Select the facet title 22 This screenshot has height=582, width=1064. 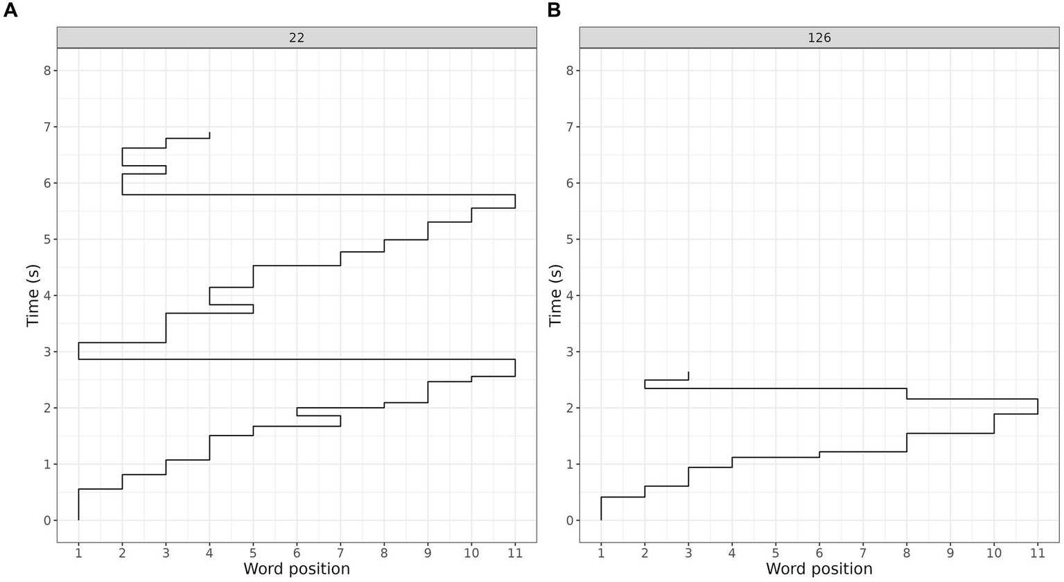(x=297, y=38)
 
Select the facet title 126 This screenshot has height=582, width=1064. (x=819, y=38)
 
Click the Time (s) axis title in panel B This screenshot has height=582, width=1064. (x=555, y=295)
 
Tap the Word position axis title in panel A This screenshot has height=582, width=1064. (x=297, y=570)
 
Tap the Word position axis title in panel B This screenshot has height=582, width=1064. (x=819, y=570)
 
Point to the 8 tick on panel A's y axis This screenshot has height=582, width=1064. (x=46, y=71)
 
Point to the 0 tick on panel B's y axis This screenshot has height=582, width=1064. (x=568, y=520)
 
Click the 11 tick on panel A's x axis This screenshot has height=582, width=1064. (x=515, y=554)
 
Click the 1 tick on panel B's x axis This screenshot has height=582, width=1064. (x=601, y=554)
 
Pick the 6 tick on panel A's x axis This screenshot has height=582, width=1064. (x=297, y=554)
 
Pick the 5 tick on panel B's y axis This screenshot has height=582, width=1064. (x=568, y=239)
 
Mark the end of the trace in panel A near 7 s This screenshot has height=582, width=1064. (x=209, y=132)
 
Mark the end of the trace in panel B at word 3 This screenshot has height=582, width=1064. (x=688, y=373)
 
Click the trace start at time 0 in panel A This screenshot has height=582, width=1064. (x=78, y=520)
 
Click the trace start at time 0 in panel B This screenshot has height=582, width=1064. (x=601, y=520)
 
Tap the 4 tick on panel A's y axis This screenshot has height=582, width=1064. (x=46, y=296)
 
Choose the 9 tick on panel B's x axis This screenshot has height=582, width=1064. (x=950, y=554)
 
